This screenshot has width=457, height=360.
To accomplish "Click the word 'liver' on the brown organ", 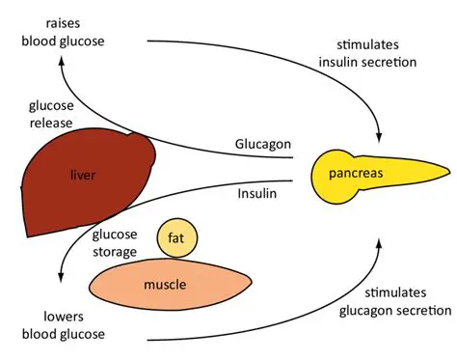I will coord(85,176).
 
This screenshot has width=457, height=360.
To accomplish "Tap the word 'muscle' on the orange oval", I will coord(165,285).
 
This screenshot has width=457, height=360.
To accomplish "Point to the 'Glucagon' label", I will coord(261,144).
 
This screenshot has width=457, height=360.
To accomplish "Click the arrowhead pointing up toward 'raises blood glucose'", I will coord(63,61).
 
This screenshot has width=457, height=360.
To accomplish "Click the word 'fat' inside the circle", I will coord(176,238).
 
